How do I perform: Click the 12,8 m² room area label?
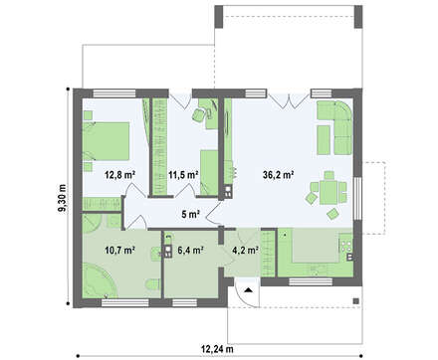coord(119,174)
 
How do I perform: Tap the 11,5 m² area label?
coord(183,174)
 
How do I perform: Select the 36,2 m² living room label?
coord(279,175)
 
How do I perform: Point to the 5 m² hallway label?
coord(190,214)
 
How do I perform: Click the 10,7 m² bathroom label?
coord(119,250)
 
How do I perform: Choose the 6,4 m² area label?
coord(190,250)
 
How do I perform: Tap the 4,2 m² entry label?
coord(245,250)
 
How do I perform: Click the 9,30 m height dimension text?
coord(62,198)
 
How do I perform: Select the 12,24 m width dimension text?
coord(217,349)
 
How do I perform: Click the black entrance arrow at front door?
coord(248,290)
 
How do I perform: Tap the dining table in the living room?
coord(328,192)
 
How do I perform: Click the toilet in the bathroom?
coord(152,284)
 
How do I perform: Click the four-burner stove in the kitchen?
coord(346,246)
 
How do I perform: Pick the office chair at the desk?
coord(199,114)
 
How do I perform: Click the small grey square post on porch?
coord(355,301)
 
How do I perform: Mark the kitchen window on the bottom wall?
coord(311,281)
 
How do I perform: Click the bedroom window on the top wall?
coord(114,93)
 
